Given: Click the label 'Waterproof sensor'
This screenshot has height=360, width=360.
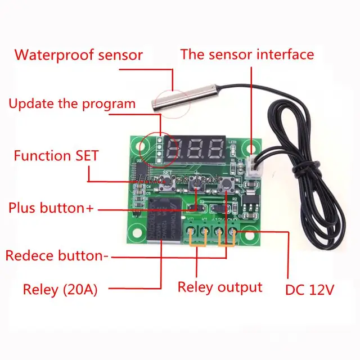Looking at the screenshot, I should [78, 55].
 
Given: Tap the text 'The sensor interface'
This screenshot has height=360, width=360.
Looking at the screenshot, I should [246, 55].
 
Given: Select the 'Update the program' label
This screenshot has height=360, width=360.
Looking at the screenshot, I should [72, 103].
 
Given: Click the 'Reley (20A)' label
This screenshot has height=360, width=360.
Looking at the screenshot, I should [60, 290].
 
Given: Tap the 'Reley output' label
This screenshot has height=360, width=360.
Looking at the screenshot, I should [220, 287].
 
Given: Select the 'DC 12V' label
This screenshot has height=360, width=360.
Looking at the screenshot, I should [310, 290].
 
